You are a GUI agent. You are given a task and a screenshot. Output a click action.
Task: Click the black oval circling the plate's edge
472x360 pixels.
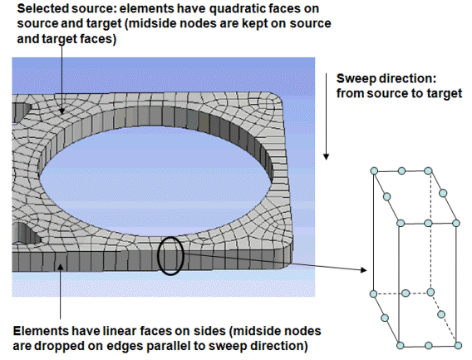coord(159,256)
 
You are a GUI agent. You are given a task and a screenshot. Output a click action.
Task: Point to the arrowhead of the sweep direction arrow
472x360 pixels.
coord(326,156)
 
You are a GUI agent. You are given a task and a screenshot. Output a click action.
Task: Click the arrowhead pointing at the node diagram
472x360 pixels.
coord(364,270)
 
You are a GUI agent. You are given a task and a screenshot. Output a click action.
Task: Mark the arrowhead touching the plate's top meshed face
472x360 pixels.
coord(61,111)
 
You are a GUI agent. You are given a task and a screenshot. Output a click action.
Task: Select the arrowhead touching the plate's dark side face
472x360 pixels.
coord(61,267)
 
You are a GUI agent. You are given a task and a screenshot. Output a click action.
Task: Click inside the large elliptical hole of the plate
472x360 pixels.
coord(156,180)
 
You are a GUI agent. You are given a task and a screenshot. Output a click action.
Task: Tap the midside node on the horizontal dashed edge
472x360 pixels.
coord(406,293)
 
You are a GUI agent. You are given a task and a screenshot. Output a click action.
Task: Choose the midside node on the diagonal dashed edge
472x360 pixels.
coord(441,314)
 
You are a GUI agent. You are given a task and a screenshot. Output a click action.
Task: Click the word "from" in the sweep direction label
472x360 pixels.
coord(350,93)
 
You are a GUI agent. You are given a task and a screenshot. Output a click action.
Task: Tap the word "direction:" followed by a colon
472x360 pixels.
coord(406,79)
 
